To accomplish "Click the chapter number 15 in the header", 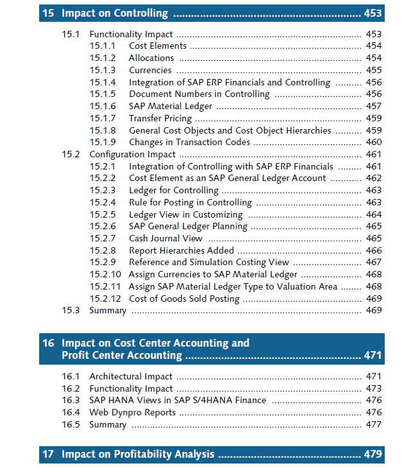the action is [x=48, y=13].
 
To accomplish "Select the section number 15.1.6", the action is [x=102, y=106].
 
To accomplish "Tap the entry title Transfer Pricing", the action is [x=161, y=119].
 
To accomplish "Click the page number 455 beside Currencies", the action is [x=374, y=70].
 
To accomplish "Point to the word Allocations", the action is [x=151, y=58].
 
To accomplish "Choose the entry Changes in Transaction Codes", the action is [x=189, y=142].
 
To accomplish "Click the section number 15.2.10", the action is [x=105, y=274].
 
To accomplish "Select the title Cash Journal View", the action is [x=166, y=238].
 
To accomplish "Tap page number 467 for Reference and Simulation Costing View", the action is [x=374, y=262].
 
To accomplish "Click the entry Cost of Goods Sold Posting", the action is [x=184, y=299].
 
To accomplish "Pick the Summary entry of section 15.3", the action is [x=108, y=311].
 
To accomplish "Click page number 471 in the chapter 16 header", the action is [x=373, y=355].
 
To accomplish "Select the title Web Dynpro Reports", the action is [x=132, y=413].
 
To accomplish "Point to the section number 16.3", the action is [x=71, y=400].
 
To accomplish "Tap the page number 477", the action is [x=374, y=424].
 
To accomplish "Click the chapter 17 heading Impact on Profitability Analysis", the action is [x=138, y=455].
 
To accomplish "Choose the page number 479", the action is [x=373, y=455].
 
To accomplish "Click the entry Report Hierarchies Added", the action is [x=181, y=250].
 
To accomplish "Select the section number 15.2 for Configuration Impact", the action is [x=71, y=154].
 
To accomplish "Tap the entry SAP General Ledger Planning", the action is [x=188, y=226].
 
